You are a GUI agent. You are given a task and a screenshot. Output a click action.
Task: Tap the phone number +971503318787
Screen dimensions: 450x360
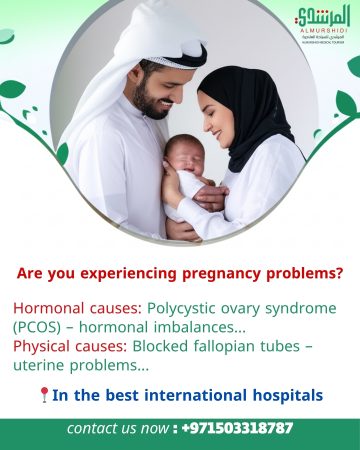(x=238, y=428)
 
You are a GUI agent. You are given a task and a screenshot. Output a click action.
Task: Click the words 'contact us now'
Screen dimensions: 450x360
(x=117, y=428)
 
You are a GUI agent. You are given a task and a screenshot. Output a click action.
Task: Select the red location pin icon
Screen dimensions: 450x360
(x=43, y=395)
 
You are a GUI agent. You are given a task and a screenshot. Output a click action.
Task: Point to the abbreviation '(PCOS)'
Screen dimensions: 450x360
(x=36, y=327)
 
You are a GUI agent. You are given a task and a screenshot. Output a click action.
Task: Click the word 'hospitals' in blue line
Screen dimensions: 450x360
(x=284, y=395)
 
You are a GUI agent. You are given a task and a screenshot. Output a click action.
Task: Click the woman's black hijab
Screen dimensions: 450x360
(x=246, y=110)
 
